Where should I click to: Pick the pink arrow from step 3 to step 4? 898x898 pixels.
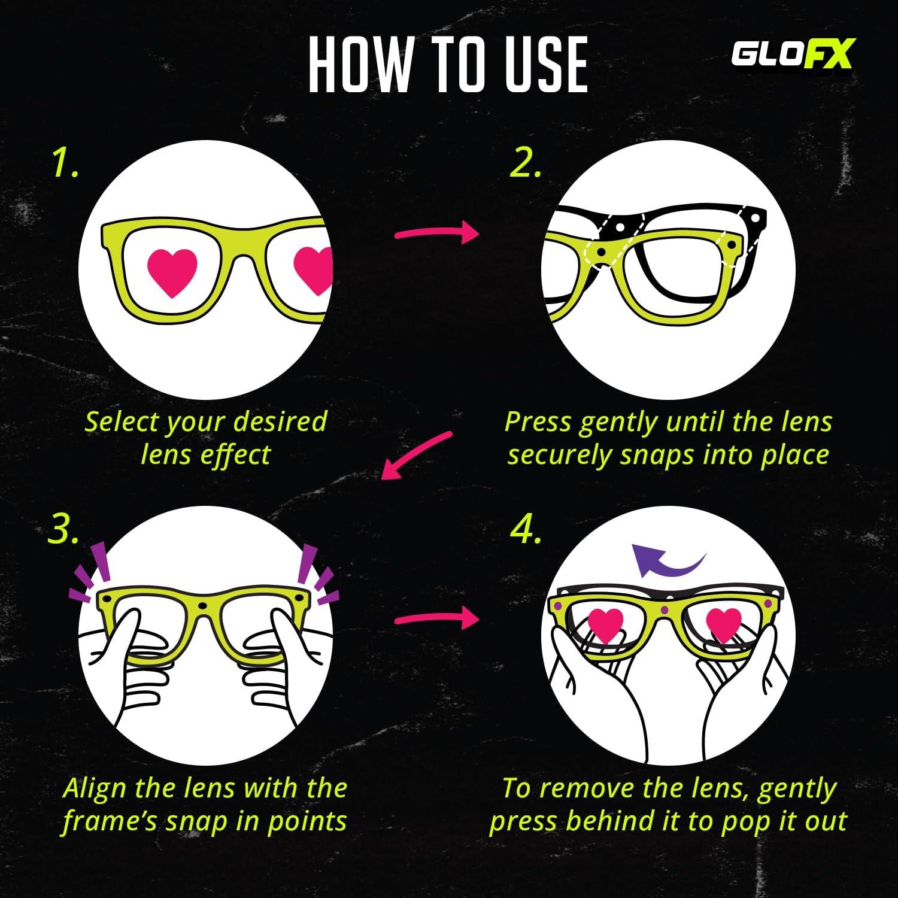(x=437, y=618)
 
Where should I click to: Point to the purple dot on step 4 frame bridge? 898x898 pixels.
(x=664, y=611)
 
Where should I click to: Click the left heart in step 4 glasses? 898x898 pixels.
(x=606, y=624)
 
